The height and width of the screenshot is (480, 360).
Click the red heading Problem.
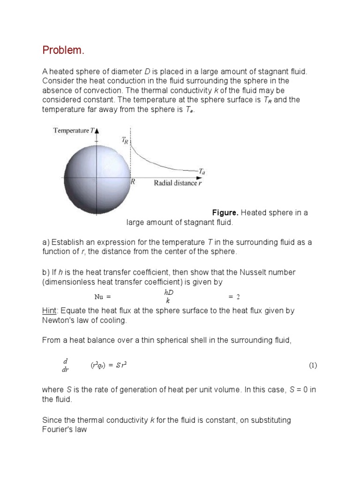tap(63, 50)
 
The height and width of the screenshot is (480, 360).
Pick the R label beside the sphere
tap(133, 183)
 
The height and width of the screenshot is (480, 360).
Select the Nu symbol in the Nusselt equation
tap(98, 297)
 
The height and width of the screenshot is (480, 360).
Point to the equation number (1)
tap(313, 365)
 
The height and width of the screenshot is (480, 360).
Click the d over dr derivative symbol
tap(66, 365)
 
